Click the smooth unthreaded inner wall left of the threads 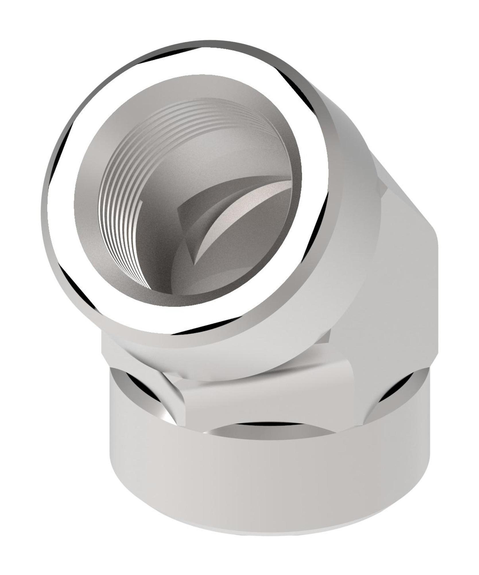coord(86,201)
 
